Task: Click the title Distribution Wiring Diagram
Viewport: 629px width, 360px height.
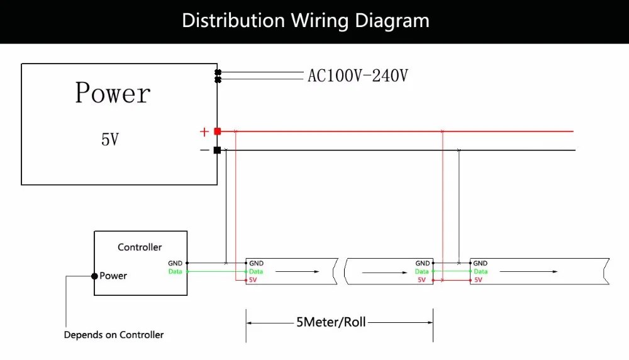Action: pos(306,21)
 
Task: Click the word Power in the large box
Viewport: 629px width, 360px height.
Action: pos(113,93)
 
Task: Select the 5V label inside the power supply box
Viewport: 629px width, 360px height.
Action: pos(110,140)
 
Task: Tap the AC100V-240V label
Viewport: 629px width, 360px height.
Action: pos(358,76)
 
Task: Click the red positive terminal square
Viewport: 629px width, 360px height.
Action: pos(218,132)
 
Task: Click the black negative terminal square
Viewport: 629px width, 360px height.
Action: pos(218,150)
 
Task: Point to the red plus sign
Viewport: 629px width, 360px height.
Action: pos(204,132)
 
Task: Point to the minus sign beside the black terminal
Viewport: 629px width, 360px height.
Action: pos(204,150)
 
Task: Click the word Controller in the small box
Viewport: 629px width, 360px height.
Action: pos(140,247)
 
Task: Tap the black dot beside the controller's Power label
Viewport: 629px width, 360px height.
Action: pos(94,276)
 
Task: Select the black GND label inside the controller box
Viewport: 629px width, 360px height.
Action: pos(175,263)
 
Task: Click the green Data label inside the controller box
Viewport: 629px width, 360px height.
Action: pos(175,271)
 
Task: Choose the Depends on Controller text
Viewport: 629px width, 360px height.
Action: pos(114,335)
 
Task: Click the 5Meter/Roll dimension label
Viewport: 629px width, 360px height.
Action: pos(331,322)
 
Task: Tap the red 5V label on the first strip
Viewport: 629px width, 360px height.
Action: pos(253,279)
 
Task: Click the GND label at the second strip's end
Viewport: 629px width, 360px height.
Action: pos(423,263)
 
